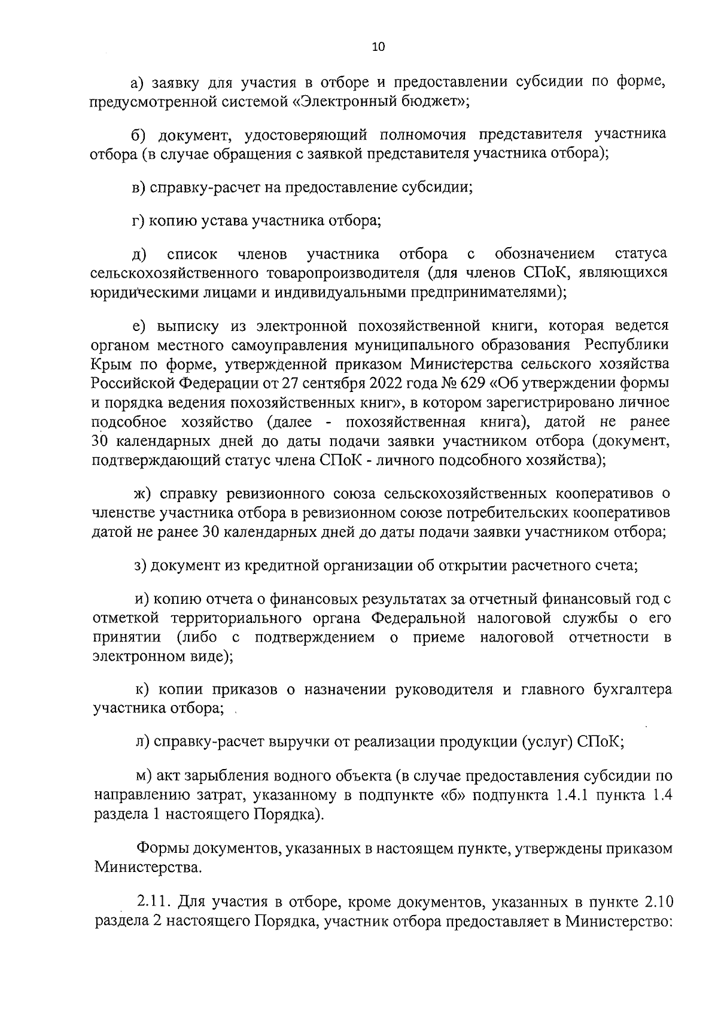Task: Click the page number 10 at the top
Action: point(378,47)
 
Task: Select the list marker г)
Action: point(138,221)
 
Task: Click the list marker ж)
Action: point(142,494)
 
